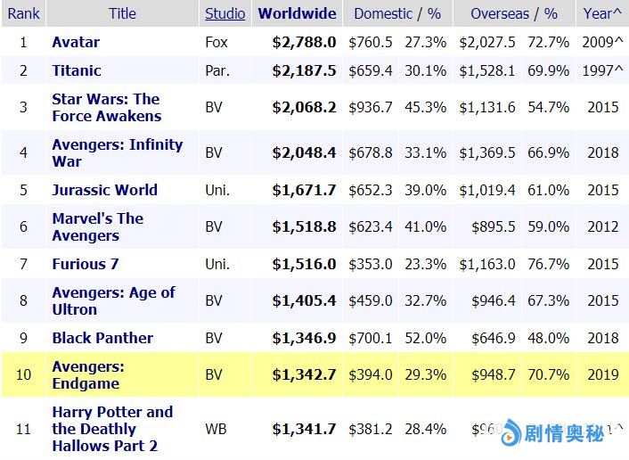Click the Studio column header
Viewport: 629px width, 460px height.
click(x=225, y=13)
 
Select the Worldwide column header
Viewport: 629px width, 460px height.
click(x=297, y=13)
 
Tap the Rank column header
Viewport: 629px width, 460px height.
click(x=24, y=13)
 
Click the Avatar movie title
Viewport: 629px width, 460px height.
click(x=76, y=42)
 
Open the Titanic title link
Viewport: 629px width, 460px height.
click(x=77, y=70)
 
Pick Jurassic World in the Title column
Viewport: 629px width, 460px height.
click(x=104, y=190)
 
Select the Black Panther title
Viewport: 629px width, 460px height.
click(x=102, y=338)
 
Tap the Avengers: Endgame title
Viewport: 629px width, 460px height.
click(x=88, y=375)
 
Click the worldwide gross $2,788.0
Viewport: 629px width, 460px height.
click(x=304, y=42)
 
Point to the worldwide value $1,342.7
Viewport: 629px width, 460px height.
click(x=304, y=374)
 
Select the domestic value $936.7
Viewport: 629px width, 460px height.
click(x=371, y=107)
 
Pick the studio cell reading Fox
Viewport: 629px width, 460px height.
click(x=217, y=42)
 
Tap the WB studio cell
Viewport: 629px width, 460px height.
click(x=216, y=429)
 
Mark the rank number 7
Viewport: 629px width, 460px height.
click(x=24, y=264)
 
